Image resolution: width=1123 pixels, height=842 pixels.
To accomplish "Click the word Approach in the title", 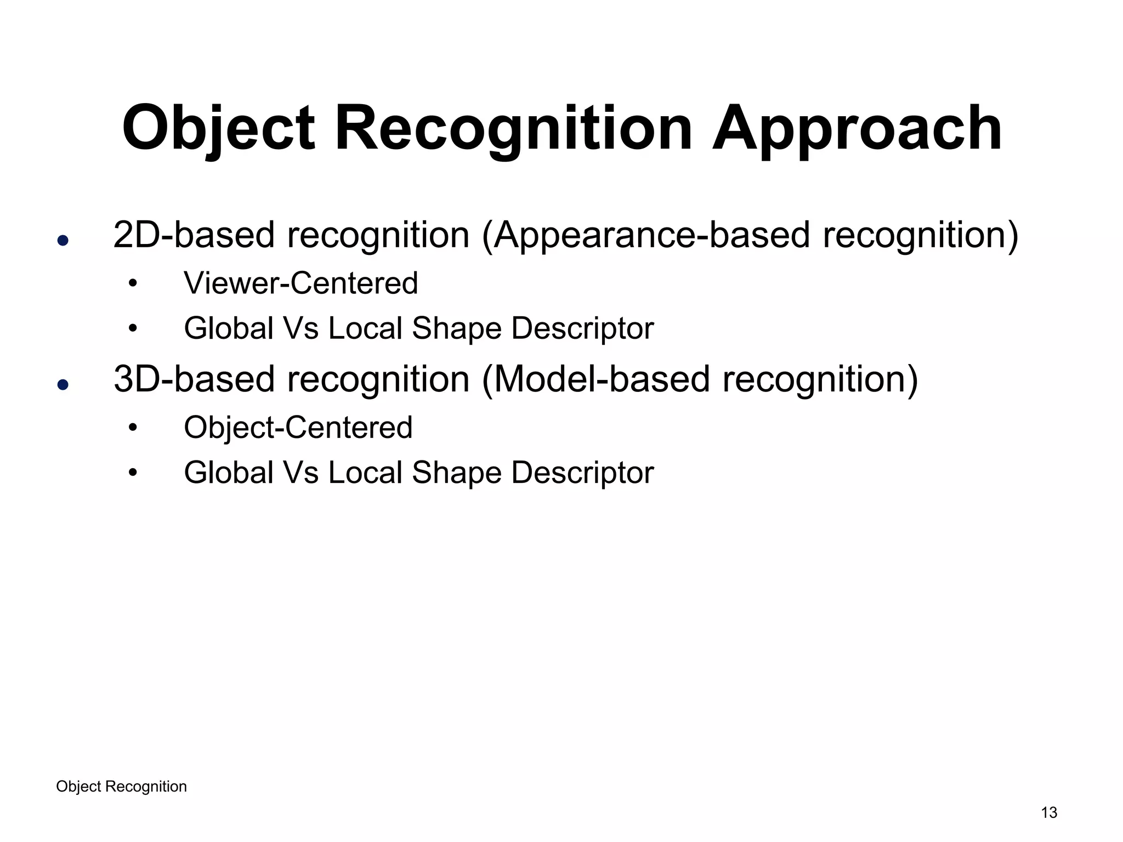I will (x=857, y=129).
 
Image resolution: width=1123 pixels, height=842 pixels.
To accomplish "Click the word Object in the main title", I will (x=218, y=129).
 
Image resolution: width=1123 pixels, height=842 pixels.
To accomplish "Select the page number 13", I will (x=1048, y=812).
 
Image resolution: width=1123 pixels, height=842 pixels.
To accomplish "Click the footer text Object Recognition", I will (x=121, y=787).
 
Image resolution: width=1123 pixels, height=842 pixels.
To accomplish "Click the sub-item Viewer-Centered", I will (x=300, y=283).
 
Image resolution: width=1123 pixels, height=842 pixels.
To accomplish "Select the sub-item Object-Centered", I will (x=298, y=428).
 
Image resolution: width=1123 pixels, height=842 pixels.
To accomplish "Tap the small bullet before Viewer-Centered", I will (x=132, y=284).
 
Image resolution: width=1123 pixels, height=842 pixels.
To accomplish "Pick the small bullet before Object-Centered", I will (x=132, y=428).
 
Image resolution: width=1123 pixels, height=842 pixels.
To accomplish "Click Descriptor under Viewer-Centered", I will (x=582, y=329).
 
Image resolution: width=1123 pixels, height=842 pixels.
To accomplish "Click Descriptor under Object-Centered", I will (x=582, y=473).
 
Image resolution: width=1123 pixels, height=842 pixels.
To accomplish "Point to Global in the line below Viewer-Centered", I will (x=228, y=328).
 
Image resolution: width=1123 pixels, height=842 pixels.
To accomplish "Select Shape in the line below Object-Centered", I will (x=456, y=473).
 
